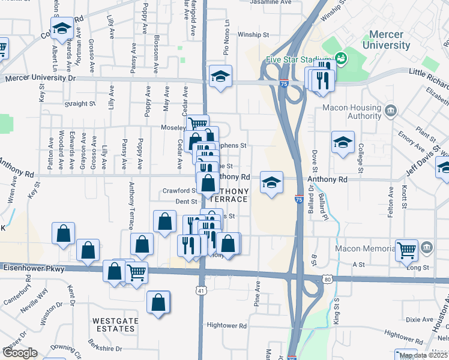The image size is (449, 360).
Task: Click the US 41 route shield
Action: [x=200, y=290]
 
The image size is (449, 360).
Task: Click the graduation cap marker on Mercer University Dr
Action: [x=220, y=77]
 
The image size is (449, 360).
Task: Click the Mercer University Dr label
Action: [x=40, y=78]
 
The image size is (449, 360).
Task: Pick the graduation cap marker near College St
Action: [x=343, y=143]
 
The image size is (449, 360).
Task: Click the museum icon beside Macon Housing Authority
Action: [x=391, y=110]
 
